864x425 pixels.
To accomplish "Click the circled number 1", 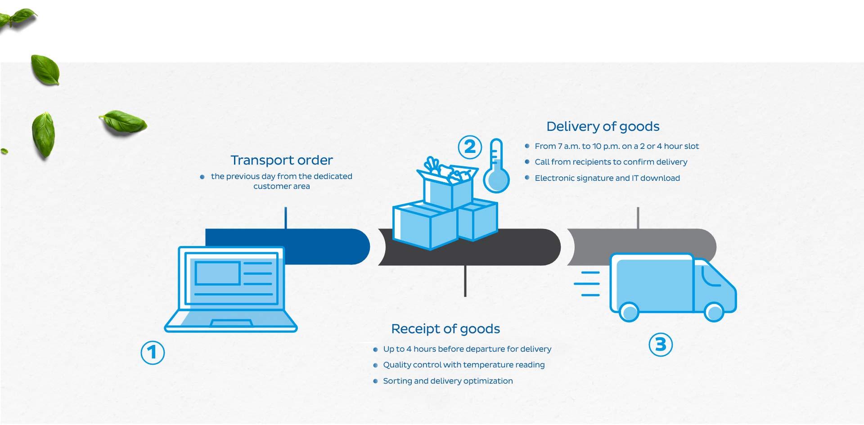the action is tap(153, 352).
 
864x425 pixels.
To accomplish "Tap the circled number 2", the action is tap(469, 147).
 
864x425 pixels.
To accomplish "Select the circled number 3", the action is tap(661, 344).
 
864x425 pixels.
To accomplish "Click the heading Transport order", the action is tap(282, 160).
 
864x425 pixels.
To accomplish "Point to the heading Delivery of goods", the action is tap(603, 127).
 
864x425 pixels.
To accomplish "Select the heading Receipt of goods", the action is tap(445, 329).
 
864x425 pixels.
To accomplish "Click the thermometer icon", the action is tap(496, 166).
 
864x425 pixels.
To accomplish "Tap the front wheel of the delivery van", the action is tap(713, 312).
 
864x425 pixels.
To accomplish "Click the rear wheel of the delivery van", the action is tap(629, 312).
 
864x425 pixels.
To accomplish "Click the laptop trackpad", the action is tap(231, 323).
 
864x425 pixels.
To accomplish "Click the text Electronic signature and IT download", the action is tap(607, 178).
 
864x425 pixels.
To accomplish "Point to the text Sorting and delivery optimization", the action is tap(448, 381).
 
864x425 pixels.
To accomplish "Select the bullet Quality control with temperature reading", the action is tap(463, 365).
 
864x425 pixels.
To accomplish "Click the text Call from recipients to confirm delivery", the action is tap(611, 162).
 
